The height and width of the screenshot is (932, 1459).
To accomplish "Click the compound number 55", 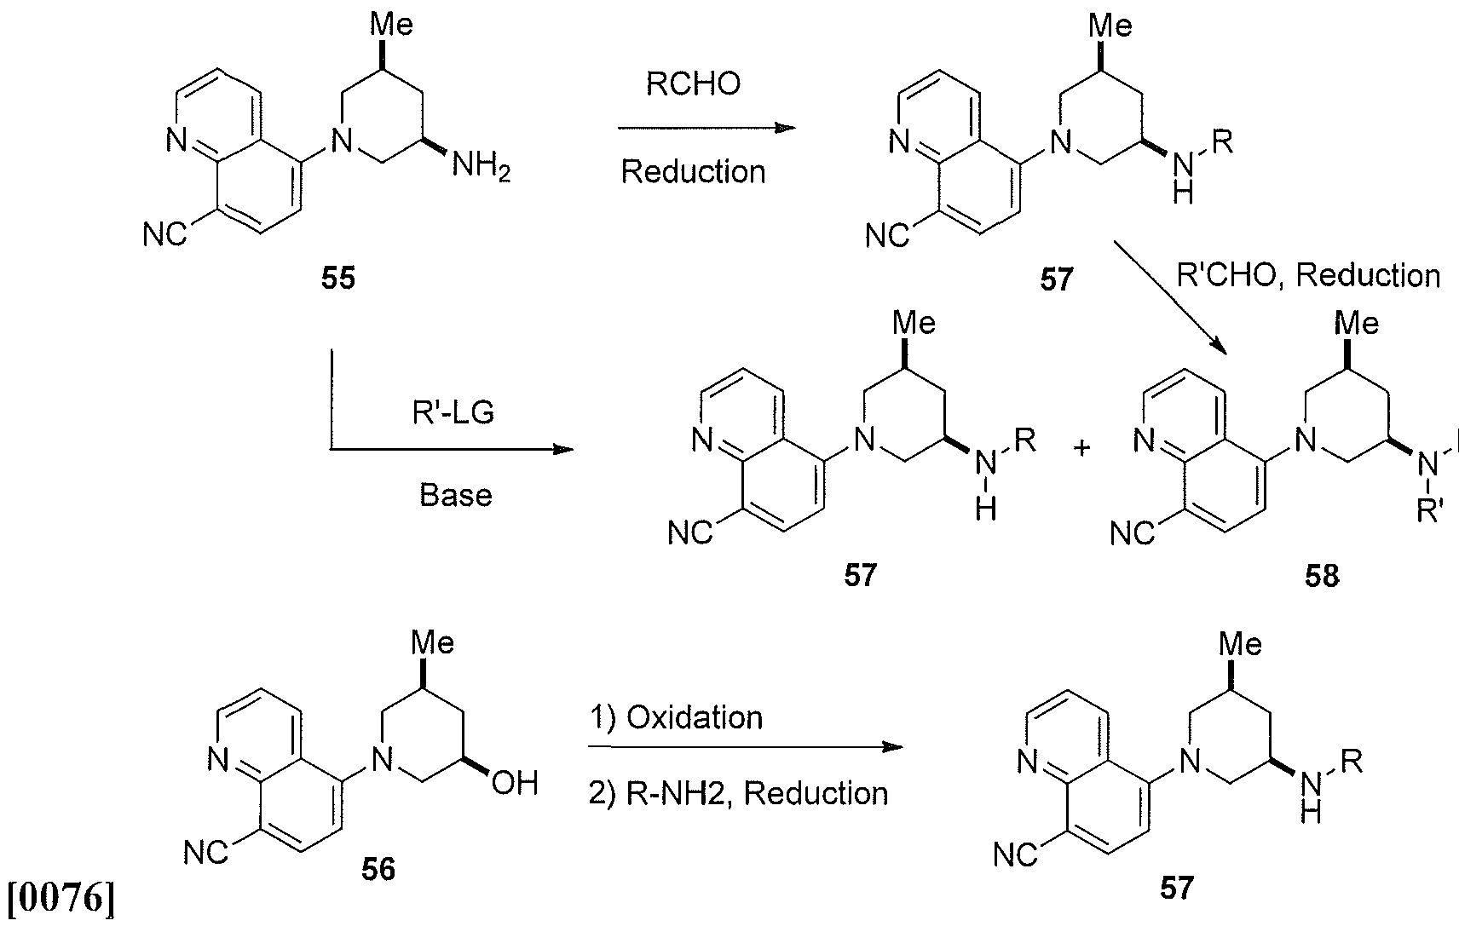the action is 338,278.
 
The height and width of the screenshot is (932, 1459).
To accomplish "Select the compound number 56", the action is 378,870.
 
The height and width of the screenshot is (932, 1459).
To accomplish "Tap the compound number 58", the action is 1322,576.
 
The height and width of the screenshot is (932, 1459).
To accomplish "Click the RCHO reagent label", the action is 693,84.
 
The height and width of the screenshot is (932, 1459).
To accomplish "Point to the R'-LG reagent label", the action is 453,412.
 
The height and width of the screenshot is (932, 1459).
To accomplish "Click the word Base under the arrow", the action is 455,495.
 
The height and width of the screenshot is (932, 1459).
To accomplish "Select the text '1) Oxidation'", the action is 676,717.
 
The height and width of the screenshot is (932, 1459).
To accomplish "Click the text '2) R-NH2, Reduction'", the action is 739,794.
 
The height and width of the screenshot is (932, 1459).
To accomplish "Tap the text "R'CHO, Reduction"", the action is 1308,275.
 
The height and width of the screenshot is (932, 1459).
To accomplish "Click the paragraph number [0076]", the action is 61,898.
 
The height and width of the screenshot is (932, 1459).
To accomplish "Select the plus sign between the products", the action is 1081,448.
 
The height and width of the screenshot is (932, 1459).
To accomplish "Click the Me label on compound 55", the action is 391,25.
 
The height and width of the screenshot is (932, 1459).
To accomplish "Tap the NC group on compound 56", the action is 206,853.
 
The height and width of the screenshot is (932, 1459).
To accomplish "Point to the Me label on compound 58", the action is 1357,323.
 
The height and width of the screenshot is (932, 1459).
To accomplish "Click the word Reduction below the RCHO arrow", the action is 693,172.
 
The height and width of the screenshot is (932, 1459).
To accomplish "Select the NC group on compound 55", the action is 165,234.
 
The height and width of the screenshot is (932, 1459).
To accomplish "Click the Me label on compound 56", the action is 432,643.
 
